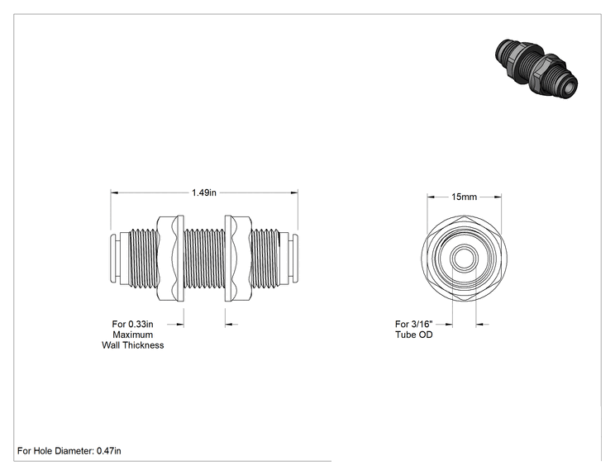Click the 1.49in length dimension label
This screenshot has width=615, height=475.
tap(203, 192)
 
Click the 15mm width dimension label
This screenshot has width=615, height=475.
tap(464, 197)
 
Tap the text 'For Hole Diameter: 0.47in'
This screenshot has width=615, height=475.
tap(69, 451)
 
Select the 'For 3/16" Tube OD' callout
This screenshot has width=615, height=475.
tap(414, 330)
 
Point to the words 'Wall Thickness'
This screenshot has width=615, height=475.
tap(133, 345)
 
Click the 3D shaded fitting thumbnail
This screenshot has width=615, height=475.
tap(536, 69)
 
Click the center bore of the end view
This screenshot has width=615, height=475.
tap(464, 258)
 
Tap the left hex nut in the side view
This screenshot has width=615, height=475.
tap(170, 259)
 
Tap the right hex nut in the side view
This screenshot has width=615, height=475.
tap(238, 259)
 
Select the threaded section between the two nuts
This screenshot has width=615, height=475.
tap(204, 259)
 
